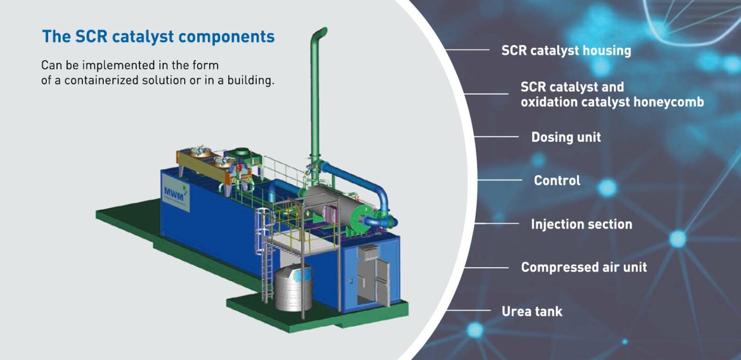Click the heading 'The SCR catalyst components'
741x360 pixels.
coord(158,37)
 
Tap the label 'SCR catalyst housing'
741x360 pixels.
coord(566,50)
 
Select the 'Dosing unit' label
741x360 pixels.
coord(566,137)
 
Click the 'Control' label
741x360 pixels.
coord(557,180)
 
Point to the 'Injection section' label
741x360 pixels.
coord(581,224)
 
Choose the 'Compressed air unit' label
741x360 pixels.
coord(584,267)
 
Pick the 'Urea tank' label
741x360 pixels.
coord(532,311)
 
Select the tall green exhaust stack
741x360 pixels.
coord(316,97)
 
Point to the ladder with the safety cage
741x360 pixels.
coord(267,261)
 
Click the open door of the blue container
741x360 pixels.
coord(381,282)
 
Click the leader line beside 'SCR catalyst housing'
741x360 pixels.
coord(467,50)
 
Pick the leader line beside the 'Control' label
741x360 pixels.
coord(499,180)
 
